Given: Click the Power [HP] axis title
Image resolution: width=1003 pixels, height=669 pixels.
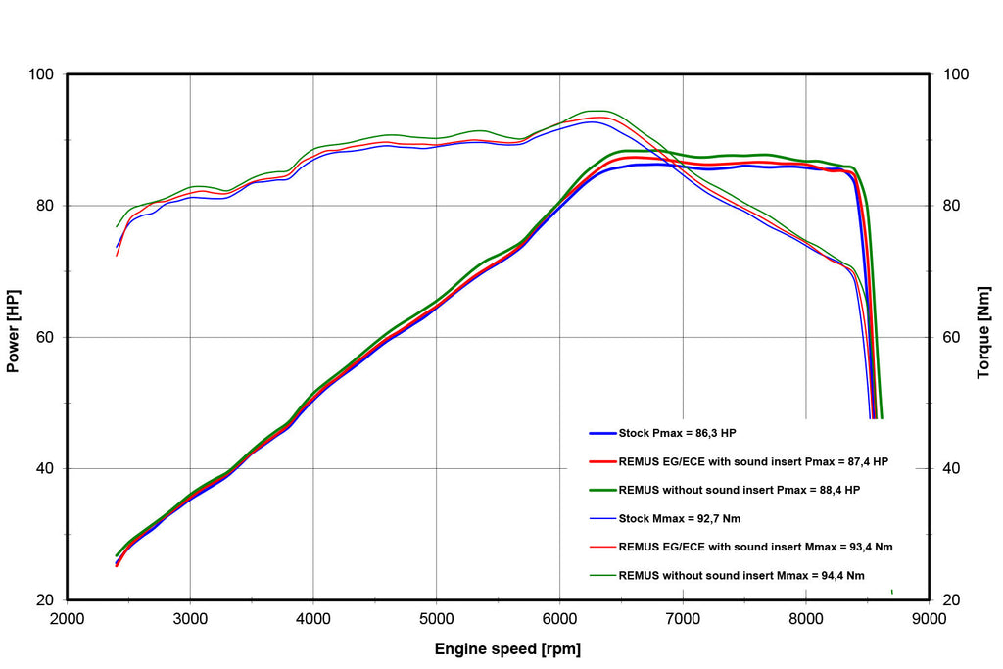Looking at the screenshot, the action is (x=13, y=331).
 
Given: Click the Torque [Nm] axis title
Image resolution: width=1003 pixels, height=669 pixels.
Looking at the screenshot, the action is (x=983, y=333).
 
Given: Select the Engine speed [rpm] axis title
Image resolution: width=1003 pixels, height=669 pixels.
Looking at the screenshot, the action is (x=507, y=649).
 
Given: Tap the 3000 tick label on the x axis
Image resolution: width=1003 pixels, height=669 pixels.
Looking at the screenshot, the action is (x=190, y=618).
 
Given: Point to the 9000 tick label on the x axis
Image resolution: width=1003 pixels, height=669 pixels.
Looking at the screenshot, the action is (x=929, y=618).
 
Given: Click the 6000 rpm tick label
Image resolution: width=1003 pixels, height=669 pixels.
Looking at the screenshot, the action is (x=559, y=618).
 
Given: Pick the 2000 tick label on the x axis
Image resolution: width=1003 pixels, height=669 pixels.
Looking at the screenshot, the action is (x=68, y=618).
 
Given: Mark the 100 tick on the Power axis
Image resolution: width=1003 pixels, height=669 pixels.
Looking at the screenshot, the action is (x=41, y=74).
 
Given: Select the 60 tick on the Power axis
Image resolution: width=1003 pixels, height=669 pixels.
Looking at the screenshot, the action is (x=45, y=337).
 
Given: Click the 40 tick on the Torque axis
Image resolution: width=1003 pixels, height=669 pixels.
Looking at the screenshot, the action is (x=952, y=468).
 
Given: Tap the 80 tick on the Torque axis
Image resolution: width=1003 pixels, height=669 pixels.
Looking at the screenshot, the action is (x=952, y=206).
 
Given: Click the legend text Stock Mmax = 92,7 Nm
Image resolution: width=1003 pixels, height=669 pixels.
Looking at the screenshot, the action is (x=680, y=519).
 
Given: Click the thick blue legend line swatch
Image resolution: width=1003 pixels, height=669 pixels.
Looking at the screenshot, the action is (x=602, y=434).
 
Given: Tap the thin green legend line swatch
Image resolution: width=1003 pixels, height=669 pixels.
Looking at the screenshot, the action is (x=602, y=576).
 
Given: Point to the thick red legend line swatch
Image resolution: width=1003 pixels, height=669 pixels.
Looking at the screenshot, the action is (x=602, y=461).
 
